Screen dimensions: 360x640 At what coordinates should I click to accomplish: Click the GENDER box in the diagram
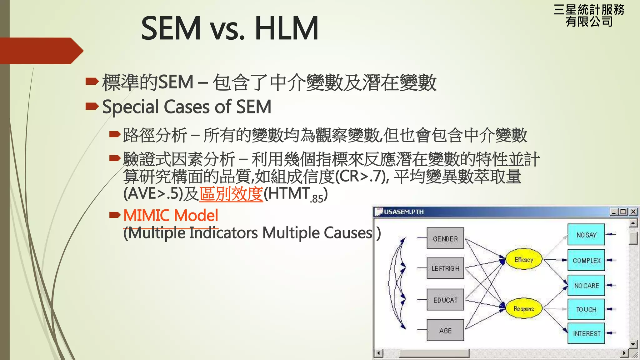(445, 238)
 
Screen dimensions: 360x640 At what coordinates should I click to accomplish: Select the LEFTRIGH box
(445, 268)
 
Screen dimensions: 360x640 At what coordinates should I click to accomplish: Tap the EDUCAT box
(445, 300)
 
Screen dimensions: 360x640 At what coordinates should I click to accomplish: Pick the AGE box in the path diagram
(445, 330)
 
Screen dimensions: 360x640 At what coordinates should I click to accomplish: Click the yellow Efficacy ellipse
(524, 259)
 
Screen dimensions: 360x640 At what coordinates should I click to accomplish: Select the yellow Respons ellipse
(524, 309)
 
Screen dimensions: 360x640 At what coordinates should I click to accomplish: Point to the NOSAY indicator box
(586, 235)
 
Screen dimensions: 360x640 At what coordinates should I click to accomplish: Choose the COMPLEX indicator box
(586, 260)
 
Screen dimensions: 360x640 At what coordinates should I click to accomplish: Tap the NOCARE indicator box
(586, 285)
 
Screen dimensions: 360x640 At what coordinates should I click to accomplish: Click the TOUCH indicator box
(586, 309)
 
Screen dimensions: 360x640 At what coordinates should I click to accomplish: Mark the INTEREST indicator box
(586, 333)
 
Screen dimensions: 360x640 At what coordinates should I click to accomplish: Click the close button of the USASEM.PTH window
(633, 212)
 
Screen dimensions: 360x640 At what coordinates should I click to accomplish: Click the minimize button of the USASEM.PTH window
(614, 212)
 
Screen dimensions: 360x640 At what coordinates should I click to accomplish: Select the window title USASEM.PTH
(404, 212)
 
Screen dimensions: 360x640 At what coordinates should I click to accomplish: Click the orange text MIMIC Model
(171, 215)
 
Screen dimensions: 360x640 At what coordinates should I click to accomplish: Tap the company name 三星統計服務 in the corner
(589, 10)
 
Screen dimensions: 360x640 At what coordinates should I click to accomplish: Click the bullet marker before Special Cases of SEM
(92, 106)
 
